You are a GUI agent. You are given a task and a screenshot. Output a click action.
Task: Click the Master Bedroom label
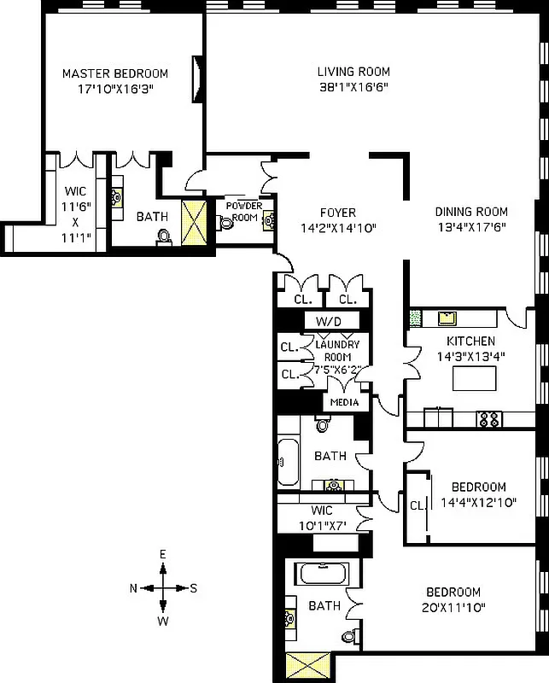tap(115, 73)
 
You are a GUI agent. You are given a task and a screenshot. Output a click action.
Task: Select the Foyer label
tap(338, 213)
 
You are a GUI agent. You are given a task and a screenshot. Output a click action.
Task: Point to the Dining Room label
tap(471, 212)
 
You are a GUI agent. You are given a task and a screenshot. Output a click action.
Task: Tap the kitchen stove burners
tap(489, 418)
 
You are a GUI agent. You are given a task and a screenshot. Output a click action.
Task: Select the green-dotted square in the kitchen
tap(416, 318)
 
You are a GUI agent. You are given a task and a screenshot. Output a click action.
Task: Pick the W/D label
tap(329, 321)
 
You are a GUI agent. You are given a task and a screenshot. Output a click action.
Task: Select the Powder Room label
tap(242, 211)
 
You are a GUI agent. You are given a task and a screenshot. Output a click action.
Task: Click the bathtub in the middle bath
tap(288, 462)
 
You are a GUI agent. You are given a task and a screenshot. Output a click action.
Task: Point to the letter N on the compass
tap(133, 588)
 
